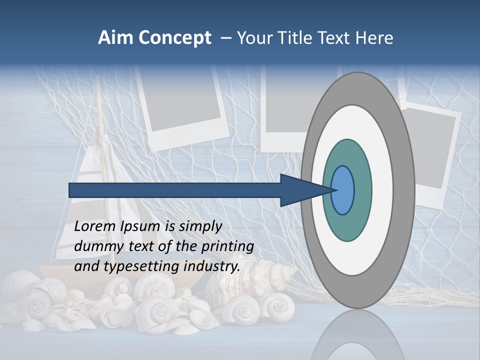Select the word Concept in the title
pos(175,38)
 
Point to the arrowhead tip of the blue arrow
pos(334,190)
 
